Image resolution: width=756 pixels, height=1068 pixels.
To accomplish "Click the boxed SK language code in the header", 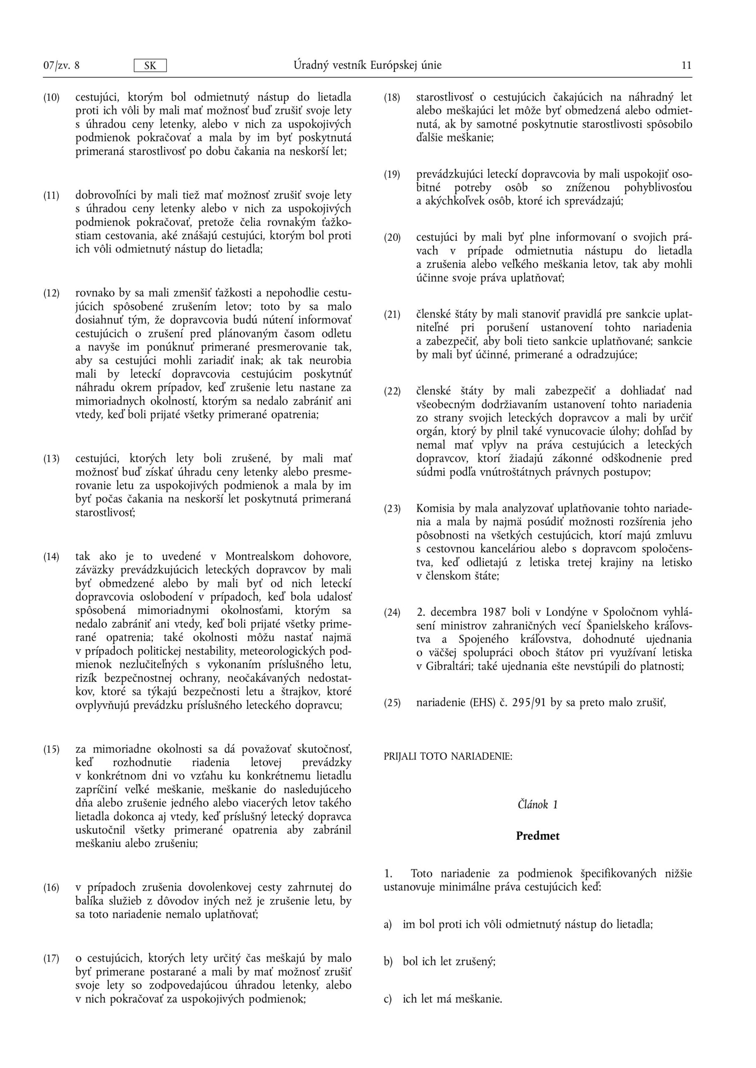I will (x=150, y=65).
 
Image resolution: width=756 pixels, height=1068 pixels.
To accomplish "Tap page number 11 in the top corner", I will (x=687, y=65).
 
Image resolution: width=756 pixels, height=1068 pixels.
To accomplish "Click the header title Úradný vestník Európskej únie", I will (x=367, y=65).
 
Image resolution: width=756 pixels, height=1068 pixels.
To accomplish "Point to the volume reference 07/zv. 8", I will (x=61, y=65).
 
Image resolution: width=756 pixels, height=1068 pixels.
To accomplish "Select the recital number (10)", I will (x=52, y=98).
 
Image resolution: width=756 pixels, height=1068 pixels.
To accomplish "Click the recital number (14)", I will (x=52, y=557).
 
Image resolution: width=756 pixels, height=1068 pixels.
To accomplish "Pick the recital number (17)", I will (x=52, y=959).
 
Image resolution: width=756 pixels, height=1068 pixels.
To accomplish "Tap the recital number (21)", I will (x=392, y=315).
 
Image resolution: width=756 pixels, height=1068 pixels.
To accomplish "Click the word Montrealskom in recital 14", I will (x=260, y=557).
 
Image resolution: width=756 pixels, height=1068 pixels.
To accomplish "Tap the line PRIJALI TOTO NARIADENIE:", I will (x=448, y=757).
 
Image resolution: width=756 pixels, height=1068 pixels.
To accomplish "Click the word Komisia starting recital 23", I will (x=436, y=509).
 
